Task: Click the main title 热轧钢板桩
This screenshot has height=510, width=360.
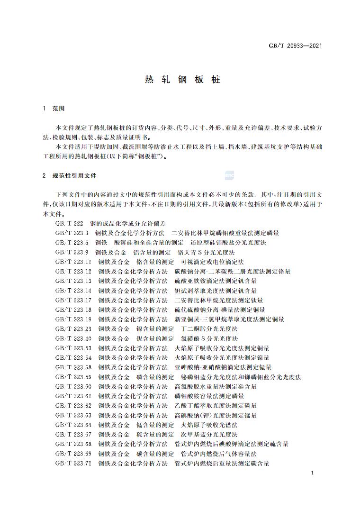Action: coord(182,79)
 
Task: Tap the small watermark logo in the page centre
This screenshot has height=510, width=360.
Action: coord(229,176)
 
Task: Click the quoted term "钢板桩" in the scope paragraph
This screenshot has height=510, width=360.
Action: coord(153,156)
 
